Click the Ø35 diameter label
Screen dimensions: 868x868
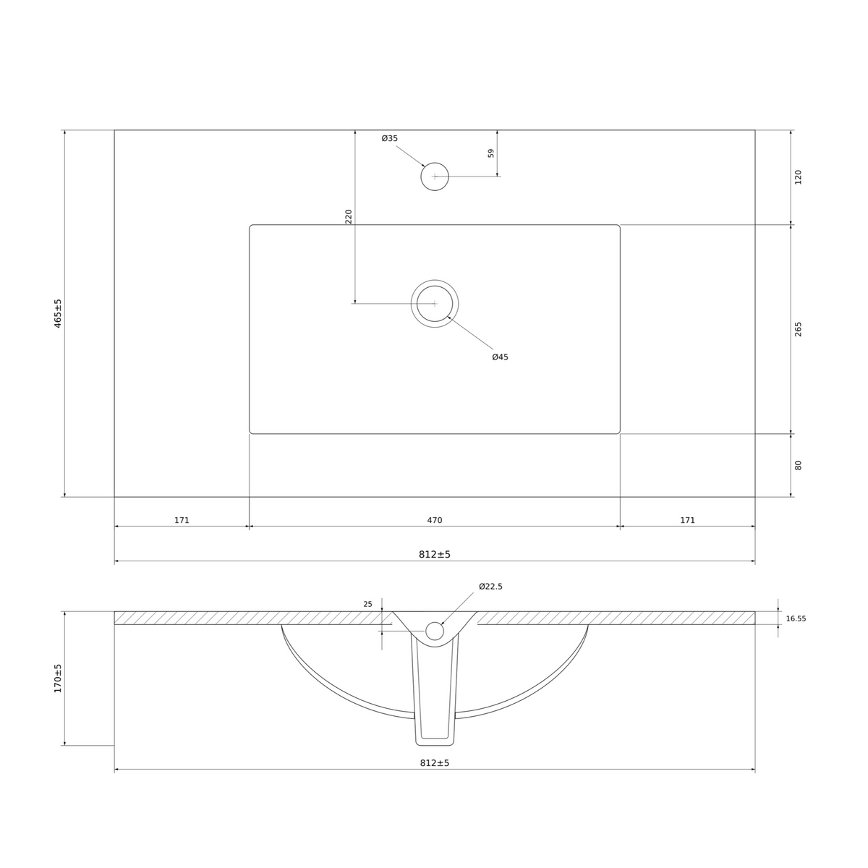pos(390,138)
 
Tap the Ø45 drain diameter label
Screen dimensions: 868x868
pos(500,357)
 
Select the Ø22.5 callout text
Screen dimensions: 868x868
pos(490,587)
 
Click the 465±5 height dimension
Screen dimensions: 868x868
pos(58,313)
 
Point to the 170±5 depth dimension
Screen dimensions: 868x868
pos(58,678)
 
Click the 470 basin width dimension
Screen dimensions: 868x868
pos(435,520)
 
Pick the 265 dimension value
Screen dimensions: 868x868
pos(798,329)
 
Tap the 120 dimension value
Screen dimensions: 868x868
pos(798,177)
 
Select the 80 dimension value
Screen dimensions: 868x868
pos(798,465)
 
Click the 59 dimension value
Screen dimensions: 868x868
pos(491,153)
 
